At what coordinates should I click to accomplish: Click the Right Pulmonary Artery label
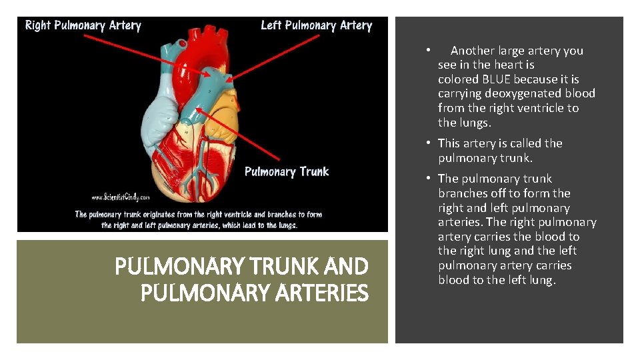[83, 26]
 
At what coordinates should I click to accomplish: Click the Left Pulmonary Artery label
[316, 26]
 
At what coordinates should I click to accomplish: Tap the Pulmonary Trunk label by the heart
[287, 172]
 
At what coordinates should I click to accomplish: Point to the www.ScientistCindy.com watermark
[121, 197]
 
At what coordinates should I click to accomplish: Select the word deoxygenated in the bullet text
[524, 93]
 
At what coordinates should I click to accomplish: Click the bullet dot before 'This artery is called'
[430, 143]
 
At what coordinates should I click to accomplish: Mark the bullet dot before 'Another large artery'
[430, 50]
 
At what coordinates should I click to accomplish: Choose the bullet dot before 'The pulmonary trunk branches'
[430, 178]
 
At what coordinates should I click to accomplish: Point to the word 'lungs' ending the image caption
[285, 225]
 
